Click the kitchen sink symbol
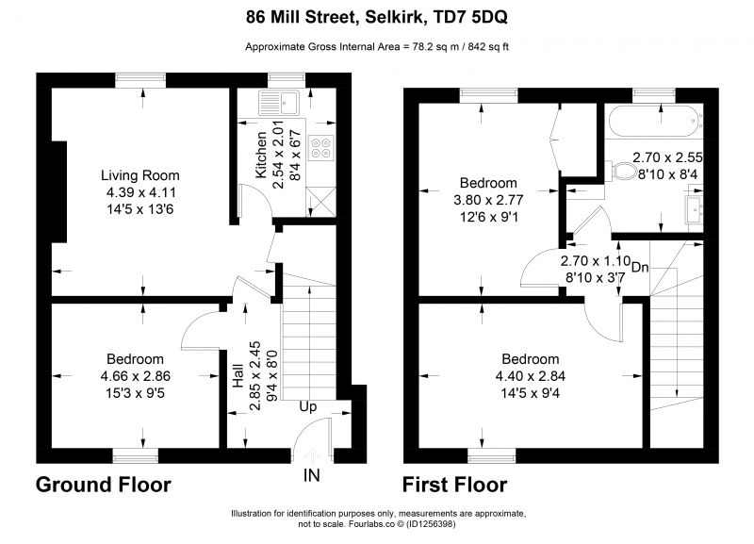[x=279, y=103]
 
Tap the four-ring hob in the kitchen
[x=320, y=148]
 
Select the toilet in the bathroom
[x=622, y=171]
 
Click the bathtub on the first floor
[x=654, y=122]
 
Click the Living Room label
[x=139, y=175]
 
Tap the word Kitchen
[x=260, y=155]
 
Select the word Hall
[x=238, y=375]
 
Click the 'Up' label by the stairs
[x=308, y=407]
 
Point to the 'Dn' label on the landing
[x=640, y=268]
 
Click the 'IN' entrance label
[x=312, y=475]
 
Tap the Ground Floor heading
[x=104, y=485]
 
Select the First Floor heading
[x=454, y=485]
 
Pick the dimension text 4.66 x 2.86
[x=136, y=376]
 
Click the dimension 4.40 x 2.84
[x=531, y=376]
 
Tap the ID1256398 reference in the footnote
[x=431, y=524]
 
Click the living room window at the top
[x=140, y=80]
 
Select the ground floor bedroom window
[x=135, y=455]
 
